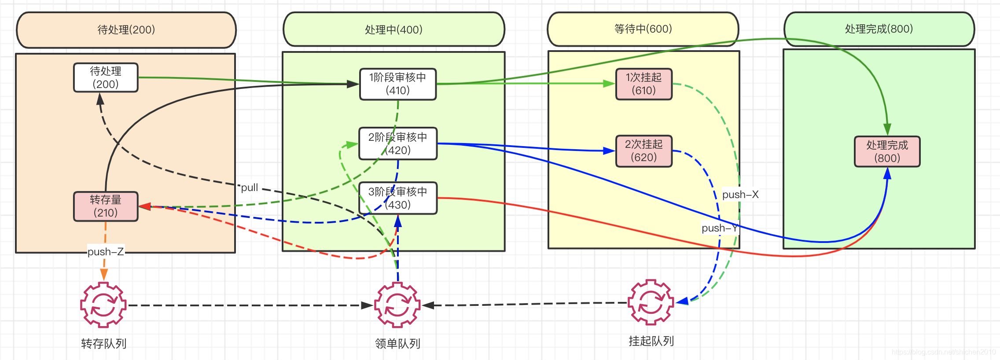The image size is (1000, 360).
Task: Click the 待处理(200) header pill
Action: [x=126, y=30]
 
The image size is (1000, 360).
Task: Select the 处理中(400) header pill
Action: [x=393, y=29]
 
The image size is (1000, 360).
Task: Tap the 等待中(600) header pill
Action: [x=643, y=29]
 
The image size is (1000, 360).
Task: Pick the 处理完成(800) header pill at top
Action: [x=879, y=29]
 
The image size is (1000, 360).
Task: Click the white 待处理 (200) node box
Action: [x=106, y=77]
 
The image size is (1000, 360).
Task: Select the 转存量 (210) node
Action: [x=106, y=206]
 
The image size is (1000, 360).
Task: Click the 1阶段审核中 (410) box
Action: [x=398, y=84]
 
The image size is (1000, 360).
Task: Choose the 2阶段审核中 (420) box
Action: [x=398, y=143]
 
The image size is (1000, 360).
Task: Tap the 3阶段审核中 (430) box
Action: [x=398, y=198]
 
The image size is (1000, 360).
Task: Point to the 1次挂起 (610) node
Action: [x=643, y=84]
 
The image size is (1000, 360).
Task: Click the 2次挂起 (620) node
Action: [x=643, y=151]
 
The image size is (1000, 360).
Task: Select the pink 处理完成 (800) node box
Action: [x=887, y=151]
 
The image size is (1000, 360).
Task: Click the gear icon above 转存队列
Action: [x=103, y=305]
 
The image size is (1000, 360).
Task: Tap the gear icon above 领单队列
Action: [x=397, y=305]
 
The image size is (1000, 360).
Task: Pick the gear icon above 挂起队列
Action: [x=651, y=302]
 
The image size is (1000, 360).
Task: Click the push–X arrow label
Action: [x=740, y=195]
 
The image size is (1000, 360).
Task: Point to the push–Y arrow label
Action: [x=719, y=228]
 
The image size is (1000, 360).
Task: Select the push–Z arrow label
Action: [x=106, y=252]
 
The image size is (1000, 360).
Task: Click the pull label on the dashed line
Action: [x=249, y=187]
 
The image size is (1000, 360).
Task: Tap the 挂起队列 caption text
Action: [x=651, y=341]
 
